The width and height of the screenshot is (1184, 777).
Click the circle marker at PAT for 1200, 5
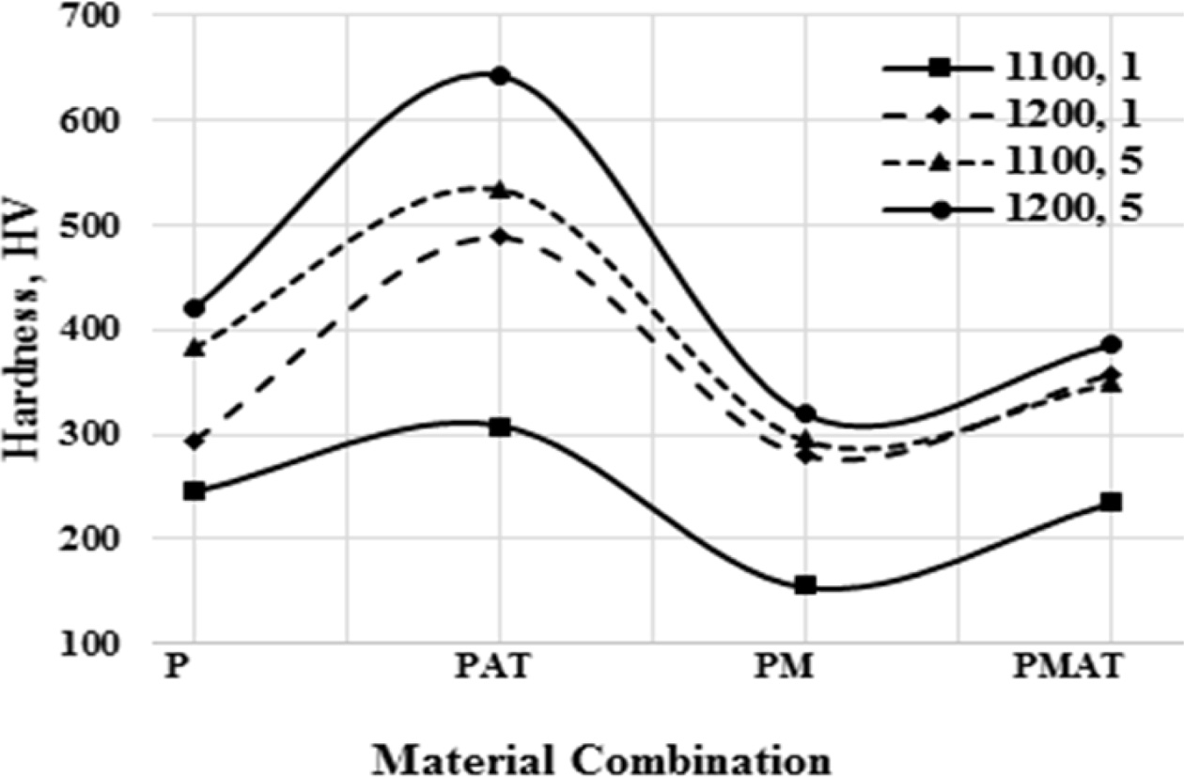click(499, 75)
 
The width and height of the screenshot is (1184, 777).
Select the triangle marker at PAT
click(499, 190)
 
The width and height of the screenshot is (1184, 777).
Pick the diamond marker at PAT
click(499, 236)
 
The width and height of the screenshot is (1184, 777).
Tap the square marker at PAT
click(499, 427)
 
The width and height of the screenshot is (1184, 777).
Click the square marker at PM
click(804, 585)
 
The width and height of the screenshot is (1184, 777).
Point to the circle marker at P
click(195, 308)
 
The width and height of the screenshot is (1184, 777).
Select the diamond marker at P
click(195, 441)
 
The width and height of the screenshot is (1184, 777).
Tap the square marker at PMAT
click(1111, 503)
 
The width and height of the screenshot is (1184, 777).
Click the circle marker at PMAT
click(1111, 345)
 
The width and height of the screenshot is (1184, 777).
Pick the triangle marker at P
click(195, 349)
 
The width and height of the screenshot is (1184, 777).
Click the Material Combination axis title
click(600, 757)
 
